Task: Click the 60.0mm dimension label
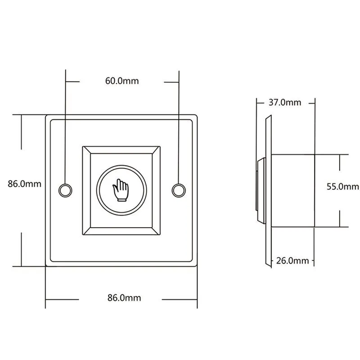tap(122, 81)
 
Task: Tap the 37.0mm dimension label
tap(285, 103)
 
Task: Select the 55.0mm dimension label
tap(343, 187)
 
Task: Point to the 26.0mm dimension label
tap(292, 261)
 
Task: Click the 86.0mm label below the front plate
tap(124, 298)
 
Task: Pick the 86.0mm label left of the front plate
tap(25, 184)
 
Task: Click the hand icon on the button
tap(121, 190)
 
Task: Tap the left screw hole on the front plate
tap(65, 190)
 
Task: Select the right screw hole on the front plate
tap(179, 190)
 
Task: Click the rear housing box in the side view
tap(293, 191)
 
